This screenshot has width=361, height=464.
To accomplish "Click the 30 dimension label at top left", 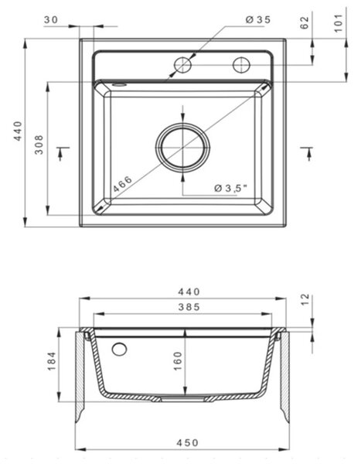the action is [51, 20].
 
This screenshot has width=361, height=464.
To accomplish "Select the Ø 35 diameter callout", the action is [258, 20].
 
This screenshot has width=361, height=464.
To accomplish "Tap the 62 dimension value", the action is [305, 22].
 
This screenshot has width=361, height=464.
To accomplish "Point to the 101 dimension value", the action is [339, 22].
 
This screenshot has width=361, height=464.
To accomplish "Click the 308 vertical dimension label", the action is [39, 145].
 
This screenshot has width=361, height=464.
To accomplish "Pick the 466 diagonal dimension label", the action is [122, 184].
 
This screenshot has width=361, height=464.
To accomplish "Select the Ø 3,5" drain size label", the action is [230, 188].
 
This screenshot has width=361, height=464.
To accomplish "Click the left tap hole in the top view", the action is [182, 65].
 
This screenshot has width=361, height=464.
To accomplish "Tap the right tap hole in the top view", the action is [241, 65].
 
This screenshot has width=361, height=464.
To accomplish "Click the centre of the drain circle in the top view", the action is [183, 147].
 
